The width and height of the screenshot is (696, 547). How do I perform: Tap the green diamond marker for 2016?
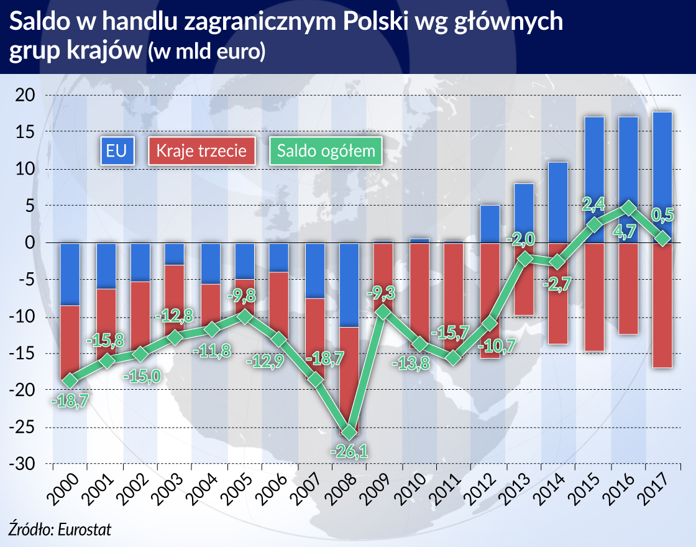tap(629, 208)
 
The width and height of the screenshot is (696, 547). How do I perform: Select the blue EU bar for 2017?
tap(662, 177)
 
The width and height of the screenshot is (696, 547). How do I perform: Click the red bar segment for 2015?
tap(594, 296)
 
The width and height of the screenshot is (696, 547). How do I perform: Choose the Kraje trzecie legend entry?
tap(201, 151)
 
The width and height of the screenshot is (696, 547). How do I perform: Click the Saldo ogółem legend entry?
tap(326, 151)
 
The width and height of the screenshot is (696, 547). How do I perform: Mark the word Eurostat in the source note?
tap(85, 528)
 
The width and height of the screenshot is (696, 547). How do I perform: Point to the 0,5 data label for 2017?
tap(662, 216)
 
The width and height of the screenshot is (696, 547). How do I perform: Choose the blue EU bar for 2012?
tap(490, 224)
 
